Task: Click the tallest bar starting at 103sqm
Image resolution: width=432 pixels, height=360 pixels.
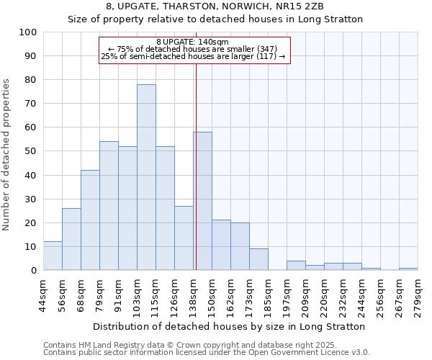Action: click(x=146, y=177)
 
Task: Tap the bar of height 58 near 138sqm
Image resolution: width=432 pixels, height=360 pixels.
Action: click(x=202, y=201)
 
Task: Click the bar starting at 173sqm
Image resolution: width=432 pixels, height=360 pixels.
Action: click(x=258, y=259)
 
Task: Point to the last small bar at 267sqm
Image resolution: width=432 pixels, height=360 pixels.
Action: click(x=408, y=269)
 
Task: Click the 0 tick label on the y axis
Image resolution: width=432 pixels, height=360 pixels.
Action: click(x=33, y=270)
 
